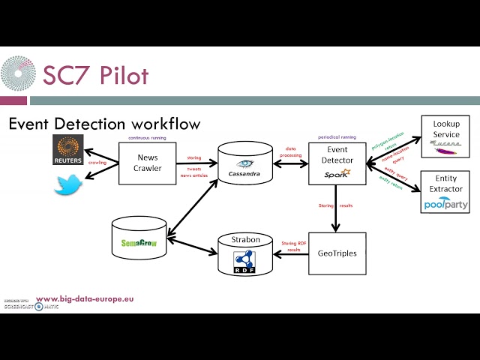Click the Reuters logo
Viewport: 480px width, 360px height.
(x=72, y=151)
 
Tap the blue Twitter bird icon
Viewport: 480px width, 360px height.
(x=67, y=184)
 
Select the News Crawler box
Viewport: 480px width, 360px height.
(x=147, y=163)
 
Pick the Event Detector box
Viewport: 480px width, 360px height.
(x=337, y=163)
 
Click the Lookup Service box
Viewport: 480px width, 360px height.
(x=445, y=136)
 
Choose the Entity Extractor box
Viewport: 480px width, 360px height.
(x=445, y=192)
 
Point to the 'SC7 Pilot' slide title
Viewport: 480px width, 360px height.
(x=95, y=75)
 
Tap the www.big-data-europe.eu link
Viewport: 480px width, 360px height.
(x=85, y=298)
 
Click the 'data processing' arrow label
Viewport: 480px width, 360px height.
(x=289, y=152)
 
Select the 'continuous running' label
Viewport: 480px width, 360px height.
(x=148, y=136)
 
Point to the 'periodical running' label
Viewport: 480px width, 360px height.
(x=337, y=136)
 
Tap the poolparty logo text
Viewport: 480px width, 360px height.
(x=445, y=204)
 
